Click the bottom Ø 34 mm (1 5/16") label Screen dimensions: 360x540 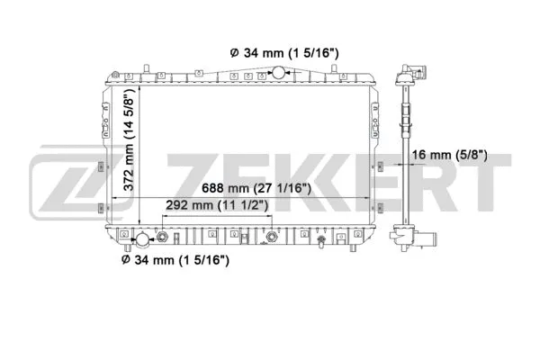coord(175,260)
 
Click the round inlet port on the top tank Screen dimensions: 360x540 coord(278,71)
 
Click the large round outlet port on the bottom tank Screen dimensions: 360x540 coord(142,240)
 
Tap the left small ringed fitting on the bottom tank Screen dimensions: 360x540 coord(163,238)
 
